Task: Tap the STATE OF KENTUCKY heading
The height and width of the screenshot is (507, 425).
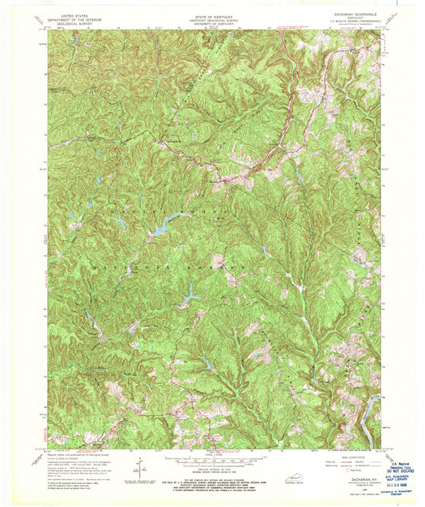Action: point(212,7)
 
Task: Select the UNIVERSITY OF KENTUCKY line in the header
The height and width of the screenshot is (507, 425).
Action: point(212,20)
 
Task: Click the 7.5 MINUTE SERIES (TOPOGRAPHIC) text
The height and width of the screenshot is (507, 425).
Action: point(348,20)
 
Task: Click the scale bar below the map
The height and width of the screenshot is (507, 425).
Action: point(212,464)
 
